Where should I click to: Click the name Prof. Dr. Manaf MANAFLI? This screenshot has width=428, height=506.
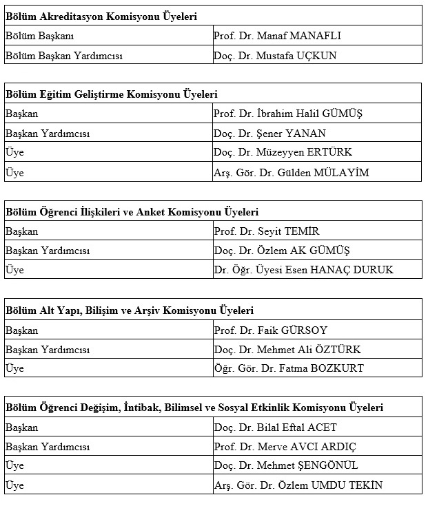pos(277,36)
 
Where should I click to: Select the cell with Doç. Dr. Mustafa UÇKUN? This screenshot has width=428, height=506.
pos(275,55)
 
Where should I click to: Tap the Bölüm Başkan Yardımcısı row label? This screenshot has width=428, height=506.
pos(63,55)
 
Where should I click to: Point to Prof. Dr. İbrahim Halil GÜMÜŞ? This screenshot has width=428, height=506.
pos(287,114)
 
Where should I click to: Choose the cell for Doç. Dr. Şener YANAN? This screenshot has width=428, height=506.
pos(269,134)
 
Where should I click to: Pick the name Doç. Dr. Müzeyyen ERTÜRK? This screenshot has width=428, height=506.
pos(283,153)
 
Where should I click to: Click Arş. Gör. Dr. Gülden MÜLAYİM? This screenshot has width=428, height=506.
pos(291,172)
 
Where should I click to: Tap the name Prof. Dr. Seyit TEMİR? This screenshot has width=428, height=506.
pos(266,231)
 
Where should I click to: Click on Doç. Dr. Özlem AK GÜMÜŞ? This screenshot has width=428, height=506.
pos(282,251)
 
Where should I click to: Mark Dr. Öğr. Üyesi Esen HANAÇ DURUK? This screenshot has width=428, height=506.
pos(303,270)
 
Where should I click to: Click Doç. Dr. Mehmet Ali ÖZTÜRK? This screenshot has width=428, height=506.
pos(287,350)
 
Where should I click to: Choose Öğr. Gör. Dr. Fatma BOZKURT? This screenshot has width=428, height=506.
pos(288,368)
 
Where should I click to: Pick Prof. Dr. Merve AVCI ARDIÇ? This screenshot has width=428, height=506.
pos(285,447)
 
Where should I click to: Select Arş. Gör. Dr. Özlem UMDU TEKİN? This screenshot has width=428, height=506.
pos(298,485)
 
